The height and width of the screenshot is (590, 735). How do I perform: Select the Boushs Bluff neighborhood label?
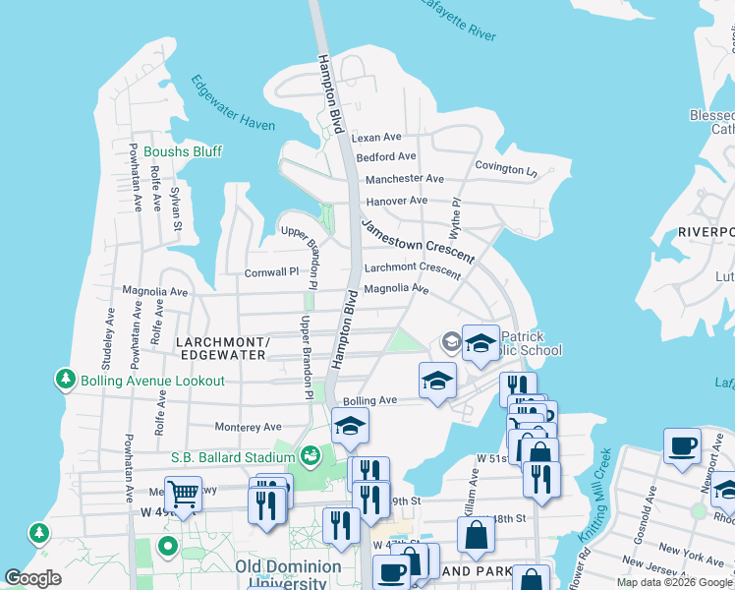[x=183, y=151]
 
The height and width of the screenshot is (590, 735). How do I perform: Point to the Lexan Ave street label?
[x=378, y=138]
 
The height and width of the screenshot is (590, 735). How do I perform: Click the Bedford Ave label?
[x=386, y=157]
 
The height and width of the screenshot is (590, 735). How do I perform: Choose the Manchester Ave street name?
[x=405, y=179]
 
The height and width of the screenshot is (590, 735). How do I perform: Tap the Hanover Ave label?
[x=397, y=201]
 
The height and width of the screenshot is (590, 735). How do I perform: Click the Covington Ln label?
[x=506, y=168]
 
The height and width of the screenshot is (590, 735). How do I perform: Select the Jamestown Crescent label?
[x=417, y=241]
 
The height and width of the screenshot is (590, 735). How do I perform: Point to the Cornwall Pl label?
[x=271, y=272]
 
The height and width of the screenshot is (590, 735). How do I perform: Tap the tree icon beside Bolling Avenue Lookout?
[x=66, y=380]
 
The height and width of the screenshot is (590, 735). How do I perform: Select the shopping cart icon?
[x=183, y=492]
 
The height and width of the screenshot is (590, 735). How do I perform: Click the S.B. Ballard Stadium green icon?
[x=311, y=455]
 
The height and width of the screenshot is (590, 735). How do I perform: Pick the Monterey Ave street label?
[x=249, y=427]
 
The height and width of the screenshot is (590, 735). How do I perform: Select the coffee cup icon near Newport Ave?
[x=682, y=444]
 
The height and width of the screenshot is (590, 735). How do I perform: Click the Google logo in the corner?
[x=32, y=578]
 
